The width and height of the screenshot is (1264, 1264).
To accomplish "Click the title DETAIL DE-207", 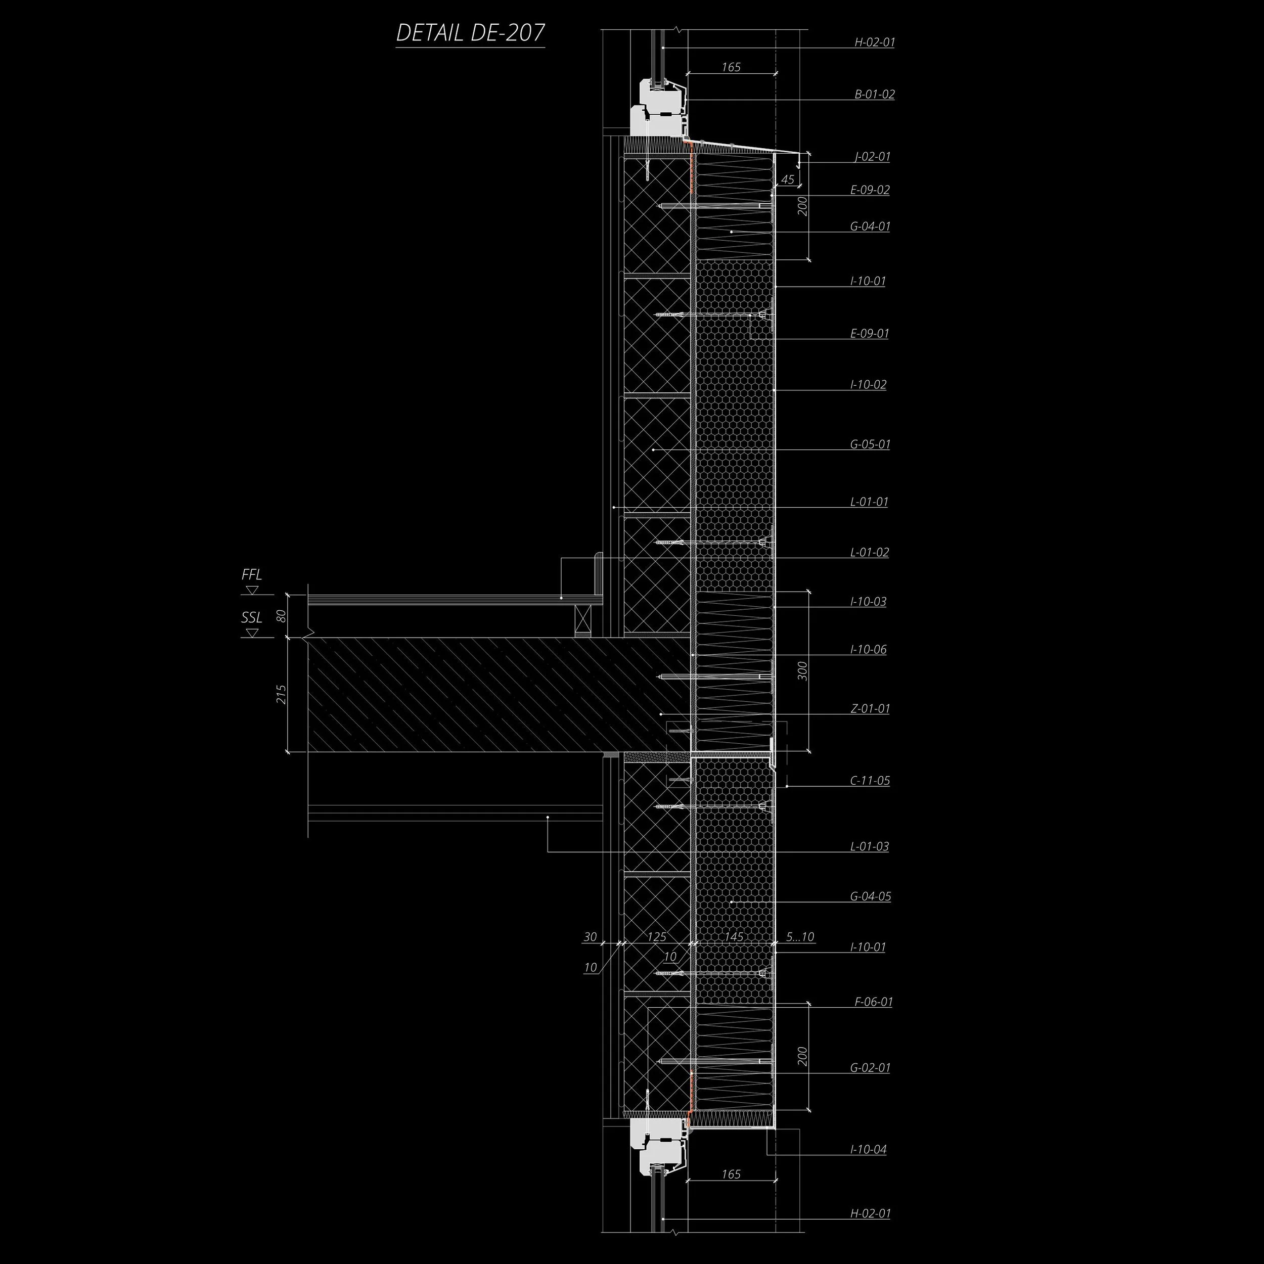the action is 470,33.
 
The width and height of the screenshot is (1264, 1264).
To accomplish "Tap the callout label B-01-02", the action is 874,94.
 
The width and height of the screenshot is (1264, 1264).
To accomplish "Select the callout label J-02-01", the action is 872,157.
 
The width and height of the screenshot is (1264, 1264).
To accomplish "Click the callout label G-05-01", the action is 870,444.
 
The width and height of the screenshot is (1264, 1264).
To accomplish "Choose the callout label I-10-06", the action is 868,650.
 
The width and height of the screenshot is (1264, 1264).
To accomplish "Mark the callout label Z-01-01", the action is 870,708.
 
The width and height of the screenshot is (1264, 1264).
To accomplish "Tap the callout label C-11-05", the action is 870,781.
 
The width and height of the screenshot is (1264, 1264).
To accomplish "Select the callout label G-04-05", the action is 870,896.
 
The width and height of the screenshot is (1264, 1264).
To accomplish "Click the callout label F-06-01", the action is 873,1002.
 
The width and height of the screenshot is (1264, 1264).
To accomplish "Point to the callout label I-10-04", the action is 868,1150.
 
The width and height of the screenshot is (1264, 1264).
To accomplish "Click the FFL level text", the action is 252,574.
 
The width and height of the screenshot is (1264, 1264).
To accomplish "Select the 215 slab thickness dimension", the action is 281,694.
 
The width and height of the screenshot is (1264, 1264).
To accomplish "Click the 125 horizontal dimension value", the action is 656,937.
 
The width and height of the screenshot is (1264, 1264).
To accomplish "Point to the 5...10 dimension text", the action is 800,937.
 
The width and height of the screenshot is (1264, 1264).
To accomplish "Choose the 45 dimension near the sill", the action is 788,179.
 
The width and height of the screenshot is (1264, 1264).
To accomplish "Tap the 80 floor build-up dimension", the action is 281,616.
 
